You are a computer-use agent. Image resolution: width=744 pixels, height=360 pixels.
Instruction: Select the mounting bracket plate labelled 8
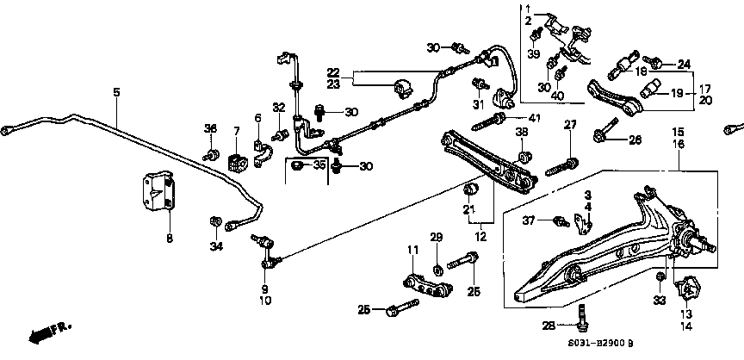coord(160,197)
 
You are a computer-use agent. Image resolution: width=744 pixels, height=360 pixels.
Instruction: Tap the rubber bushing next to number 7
coord(236,162)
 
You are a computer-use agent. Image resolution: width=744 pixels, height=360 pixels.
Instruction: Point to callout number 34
coord(215,248)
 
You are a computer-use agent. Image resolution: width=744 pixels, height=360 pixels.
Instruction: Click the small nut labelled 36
coord(210,156)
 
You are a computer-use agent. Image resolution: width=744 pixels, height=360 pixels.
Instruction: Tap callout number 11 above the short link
coord(413,250)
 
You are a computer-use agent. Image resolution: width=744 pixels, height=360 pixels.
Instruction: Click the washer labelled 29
coord(437,259)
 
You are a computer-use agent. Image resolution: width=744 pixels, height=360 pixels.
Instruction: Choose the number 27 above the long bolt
coord(569,126)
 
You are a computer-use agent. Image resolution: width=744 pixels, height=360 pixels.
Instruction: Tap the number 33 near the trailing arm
coord(660,301)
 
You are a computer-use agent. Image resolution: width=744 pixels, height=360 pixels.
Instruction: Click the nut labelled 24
coord(655,63)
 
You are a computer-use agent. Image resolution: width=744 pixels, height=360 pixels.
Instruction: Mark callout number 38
coord(522,132)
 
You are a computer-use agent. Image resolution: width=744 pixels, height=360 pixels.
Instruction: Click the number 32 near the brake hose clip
coord(279,108)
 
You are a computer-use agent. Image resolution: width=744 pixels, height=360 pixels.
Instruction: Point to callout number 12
coord(479,236)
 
